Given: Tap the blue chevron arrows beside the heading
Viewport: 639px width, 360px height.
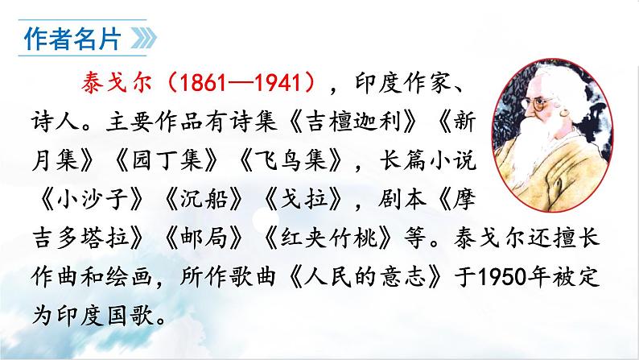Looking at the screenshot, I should [x=139, y=38].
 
